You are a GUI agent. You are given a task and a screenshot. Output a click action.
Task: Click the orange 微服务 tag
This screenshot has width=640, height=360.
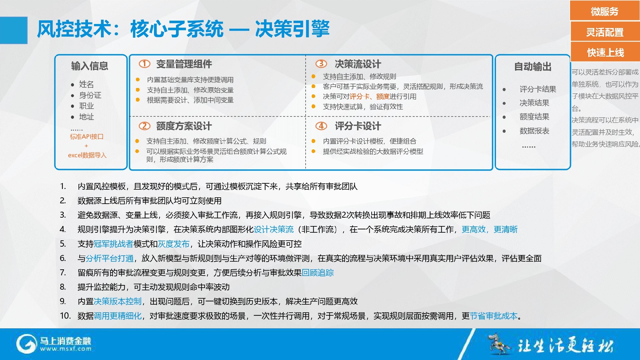(x=605, y=11)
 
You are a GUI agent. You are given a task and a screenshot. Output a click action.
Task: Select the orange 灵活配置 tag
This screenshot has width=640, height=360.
(x=605, y=32)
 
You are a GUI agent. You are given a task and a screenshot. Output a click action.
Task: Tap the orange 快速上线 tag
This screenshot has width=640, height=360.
(x=605, y=52)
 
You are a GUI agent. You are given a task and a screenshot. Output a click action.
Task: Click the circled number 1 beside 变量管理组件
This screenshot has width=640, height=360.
(x=144, y=64)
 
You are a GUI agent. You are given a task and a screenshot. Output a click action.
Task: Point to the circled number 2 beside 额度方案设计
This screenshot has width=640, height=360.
(x=144, y=126)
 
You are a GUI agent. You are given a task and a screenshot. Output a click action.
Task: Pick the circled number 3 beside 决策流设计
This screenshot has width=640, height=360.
(x=321, y=64)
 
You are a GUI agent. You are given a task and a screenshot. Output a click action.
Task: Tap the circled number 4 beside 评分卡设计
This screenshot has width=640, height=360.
(x=321, y=126)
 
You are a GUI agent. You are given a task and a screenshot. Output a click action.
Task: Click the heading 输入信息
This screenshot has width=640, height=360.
(x=90, y=66)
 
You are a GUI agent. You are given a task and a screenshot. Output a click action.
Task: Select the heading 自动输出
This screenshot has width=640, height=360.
(x=533, y=67)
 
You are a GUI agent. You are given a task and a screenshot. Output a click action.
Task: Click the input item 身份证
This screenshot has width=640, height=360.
(x=90, y=95)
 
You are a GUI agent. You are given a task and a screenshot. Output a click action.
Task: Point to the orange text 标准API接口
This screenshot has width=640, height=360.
(x=87, y=137)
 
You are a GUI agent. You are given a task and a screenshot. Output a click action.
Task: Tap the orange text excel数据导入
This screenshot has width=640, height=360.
(x=87, y=155)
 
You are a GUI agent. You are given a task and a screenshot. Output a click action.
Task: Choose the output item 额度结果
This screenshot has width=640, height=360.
(x=534, y=117)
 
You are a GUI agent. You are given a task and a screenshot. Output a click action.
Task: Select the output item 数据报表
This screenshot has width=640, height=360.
(x=534, y=131)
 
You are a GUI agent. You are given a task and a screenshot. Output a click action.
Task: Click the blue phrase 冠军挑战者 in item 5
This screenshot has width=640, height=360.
(x=114, y=244)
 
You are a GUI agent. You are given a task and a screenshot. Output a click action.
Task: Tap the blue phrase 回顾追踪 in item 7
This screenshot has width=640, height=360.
(x=318, y=273)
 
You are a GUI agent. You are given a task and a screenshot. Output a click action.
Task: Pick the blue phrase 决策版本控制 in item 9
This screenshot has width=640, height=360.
(x=118, y=301)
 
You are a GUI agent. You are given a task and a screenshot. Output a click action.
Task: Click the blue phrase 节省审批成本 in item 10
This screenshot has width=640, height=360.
(x=494, y=316)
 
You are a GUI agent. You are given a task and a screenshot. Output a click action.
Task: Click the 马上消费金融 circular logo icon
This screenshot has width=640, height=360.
(x=26, y=344)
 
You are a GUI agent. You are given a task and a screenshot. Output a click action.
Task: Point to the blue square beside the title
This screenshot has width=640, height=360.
(x=14, y=30)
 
